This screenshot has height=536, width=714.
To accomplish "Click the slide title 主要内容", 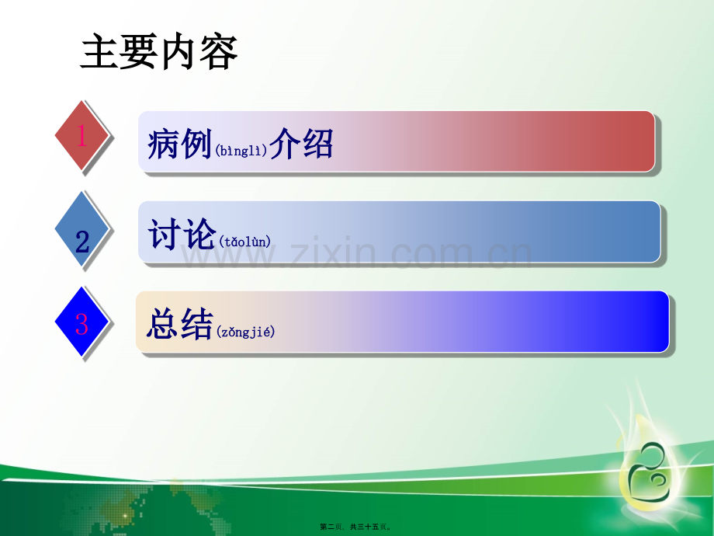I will [159, 52].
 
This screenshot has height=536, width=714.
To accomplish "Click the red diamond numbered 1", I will [82, 137].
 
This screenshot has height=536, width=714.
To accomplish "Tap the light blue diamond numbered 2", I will [82, 230].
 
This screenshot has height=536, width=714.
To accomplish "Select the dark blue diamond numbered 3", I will [82, 322].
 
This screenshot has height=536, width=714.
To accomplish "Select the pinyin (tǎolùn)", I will [246, 242].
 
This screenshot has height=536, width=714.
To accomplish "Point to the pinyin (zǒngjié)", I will [245, 332].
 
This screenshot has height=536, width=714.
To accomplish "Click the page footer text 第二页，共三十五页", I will [358, 526].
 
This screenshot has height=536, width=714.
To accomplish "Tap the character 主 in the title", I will [99, 52].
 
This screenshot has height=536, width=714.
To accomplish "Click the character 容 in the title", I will [219, 52].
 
